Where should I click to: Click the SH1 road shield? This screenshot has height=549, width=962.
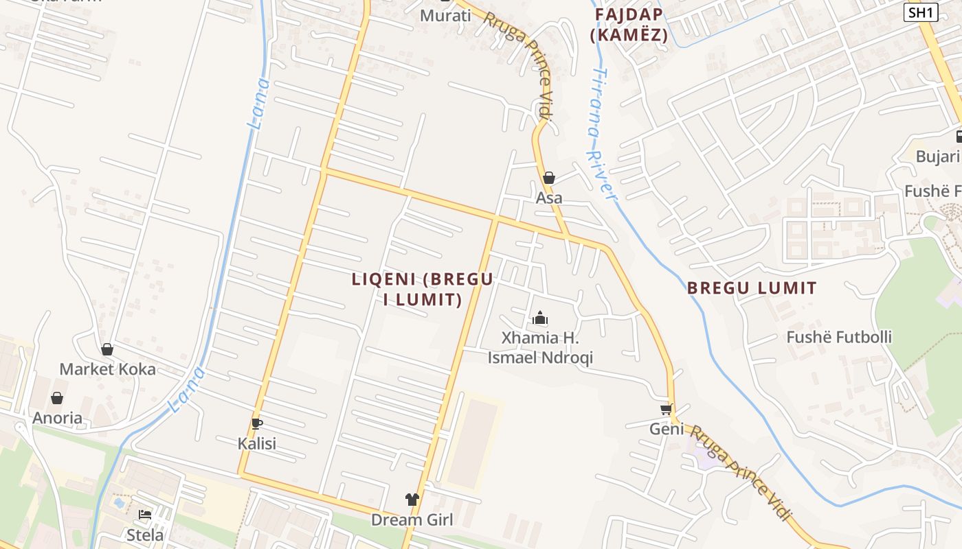pos(921,12)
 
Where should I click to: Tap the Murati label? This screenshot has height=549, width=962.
pos(445,15)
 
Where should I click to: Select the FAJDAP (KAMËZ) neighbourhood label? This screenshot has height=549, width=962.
pos(629,25)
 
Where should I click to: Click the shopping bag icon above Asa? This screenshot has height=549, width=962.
pos(549,178)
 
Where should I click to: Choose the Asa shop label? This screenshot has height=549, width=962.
pos(549,198)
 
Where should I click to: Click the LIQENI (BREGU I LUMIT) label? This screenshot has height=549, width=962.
pos(423,290)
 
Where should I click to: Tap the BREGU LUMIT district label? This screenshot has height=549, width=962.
pos(752,288)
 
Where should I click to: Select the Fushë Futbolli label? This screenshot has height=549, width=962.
pos(839,337)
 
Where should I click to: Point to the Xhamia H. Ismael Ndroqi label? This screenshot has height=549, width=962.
pos(540,348)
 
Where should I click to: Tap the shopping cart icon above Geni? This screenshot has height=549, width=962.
pos(666,410)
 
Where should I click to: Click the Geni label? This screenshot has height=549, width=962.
pos(667,429)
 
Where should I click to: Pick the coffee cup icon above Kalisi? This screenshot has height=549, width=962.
pos(257,423)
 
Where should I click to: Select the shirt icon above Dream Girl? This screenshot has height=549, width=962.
pos(412,500)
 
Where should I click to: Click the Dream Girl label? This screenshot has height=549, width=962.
pos(412,519)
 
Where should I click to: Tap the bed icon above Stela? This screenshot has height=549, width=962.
pos(145,515)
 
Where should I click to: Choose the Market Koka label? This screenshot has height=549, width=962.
pos(107,369)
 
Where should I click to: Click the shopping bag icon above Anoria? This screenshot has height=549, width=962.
pos(57,398)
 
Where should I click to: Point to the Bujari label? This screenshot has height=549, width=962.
pos(938,156)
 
